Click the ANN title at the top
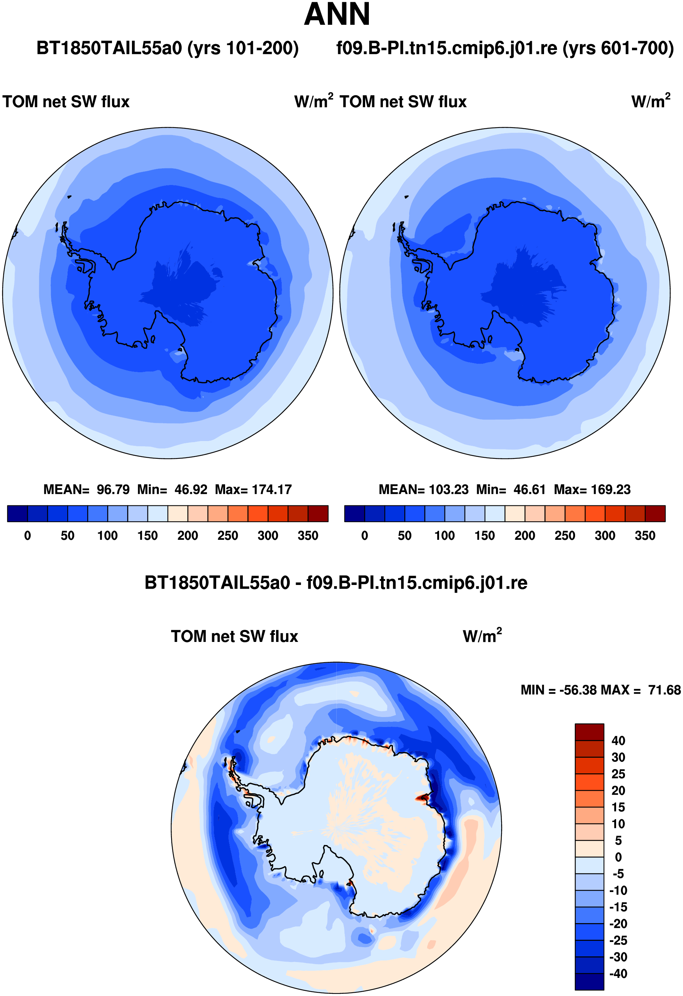coord(337,14)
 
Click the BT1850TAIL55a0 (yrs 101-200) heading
coord(167,48)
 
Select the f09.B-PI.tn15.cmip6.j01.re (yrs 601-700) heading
coord(505,48)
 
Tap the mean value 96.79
coord(113,489)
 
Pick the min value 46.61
coord(529,489)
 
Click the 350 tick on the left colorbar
coord(308,536)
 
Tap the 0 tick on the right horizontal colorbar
coord(364,536)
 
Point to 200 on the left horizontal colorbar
coord(187,536)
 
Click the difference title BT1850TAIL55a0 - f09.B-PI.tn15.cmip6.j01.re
coord(336,583)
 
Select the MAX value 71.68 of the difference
coord(664,690)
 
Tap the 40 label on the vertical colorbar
coord(618,741)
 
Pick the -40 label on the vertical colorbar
coord(618,974)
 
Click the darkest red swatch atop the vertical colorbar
coord(589,732)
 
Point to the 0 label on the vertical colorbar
coord(618,857)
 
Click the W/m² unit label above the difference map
coord(482,636)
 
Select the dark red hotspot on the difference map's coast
coord(423,798)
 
